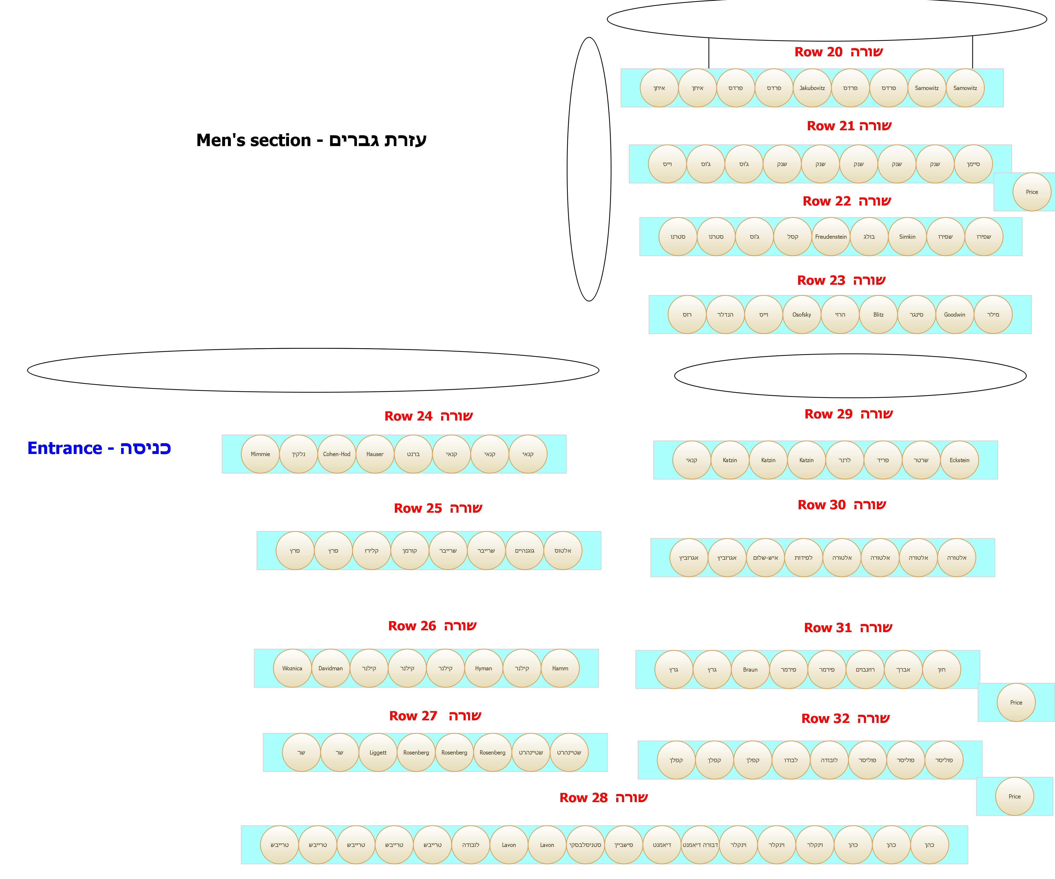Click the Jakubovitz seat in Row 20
812,88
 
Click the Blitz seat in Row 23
878,314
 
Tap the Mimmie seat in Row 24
260,454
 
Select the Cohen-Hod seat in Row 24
337,454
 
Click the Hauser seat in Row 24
375,454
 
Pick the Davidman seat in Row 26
331,668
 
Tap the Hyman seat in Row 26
483,668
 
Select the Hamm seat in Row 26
560,668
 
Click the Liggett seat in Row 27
378,752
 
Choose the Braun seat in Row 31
750,670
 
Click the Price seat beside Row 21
1032,192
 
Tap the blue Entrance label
99,448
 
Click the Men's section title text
311,140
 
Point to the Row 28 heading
603,798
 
